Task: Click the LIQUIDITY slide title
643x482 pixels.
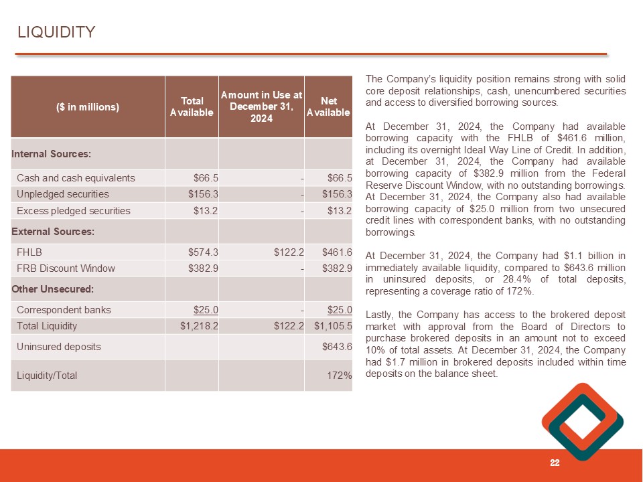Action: tap(56, 32)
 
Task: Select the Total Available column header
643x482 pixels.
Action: tap(192, 106)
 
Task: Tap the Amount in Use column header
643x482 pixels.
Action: tap(261, 106)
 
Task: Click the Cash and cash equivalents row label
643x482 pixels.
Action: tap(76, 178)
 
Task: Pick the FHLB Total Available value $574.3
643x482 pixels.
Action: tap(204, 252)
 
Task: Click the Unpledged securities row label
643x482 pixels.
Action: tap(63, 194)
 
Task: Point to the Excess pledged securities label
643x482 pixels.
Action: tap(74, 211)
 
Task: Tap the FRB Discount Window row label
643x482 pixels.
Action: tap(66, 268)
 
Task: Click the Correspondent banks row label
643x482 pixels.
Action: tap(64, 310)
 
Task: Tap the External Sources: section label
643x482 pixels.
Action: tap(53, 232)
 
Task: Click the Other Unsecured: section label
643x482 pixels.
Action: tap(52, 289)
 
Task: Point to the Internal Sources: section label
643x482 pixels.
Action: tap(51, 154)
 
